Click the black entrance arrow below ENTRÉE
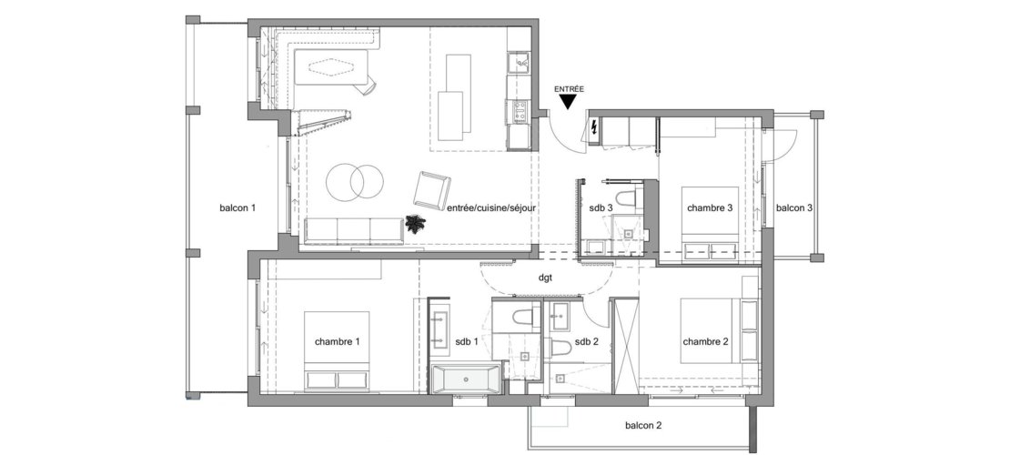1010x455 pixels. pos(569,102)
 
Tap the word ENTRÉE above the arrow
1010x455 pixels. pos(569,88)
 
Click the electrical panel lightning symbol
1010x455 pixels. pos(595,126)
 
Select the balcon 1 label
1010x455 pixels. pos(237,208)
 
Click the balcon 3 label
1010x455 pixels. pos(793,208)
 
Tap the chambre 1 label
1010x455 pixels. pos(337,342)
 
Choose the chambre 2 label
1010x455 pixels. pos(706,342)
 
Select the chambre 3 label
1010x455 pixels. pos(710,208)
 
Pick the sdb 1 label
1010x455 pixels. pos(468,342)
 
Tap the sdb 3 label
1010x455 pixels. pos(601,208)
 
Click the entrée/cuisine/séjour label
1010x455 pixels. pos(491,208)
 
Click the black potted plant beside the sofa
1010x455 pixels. pos(418,225)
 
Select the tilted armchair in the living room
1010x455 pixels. pos(431,190)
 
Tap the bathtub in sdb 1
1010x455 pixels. pos(465,379)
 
